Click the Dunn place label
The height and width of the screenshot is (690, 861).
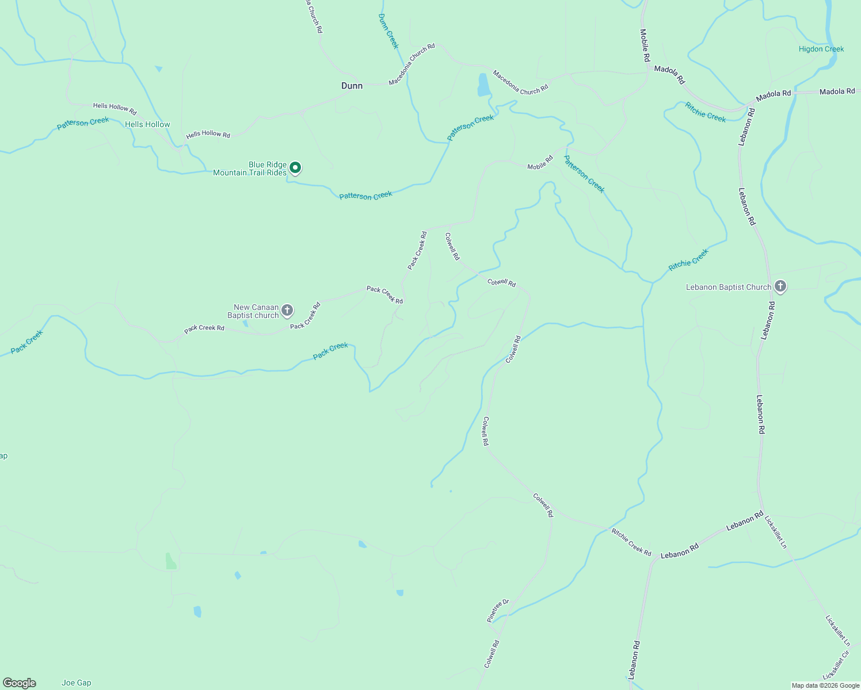(352, 86)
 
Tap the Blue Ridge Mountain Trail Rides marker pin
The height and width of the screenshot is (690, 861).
(295, 167)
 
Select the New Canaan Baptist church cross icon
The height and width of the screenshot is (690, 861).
(287, 310)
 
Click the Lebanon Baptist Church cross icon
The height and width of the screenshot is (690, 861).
(780, 286)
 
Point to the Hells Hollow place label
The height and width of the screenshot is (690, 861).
(147, 124)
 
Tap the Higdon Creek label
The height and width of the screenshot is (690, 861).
(821, 49)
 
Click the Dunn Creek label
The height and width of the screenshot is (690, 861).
(388, 31)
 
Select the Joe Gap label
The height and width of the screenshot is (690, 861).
(76, 683)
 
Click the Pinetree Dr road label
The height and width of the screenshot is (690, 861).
(498, 611)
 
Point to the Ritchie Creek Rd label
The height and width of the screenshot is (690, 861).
(631, 542)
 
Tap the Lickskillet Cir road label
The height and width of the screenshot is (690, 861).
(836, 665)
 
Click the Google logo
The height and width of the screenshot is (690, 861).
(19, 683)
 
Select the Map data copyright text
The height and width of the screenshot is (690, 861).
(825, 685)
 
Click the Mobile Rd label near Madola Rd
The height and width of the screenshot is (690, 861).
(645, 45)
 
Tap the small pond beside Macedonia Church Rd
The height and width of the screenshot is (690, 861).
(483, 85)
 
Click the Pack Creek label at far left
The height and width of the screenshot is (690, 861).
(26, 342)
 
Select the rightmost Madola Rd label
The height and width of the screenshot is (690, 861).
(837, 91)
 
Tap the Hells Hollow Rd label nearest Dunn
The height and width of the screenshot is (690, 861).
(208, 135)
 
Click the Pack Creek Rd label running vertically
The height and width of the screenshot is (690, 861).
(417, 251)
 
